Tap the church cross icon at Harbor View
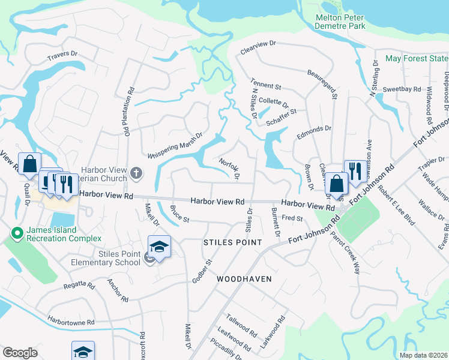[136, 174]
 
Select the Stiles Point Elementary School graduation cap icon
[159, 247]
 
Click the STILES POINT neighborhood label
[233, 242]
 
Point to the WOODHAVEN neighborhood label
[244, 279]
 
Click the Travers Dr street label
[63, 56]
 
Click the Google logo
[20, 353]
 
